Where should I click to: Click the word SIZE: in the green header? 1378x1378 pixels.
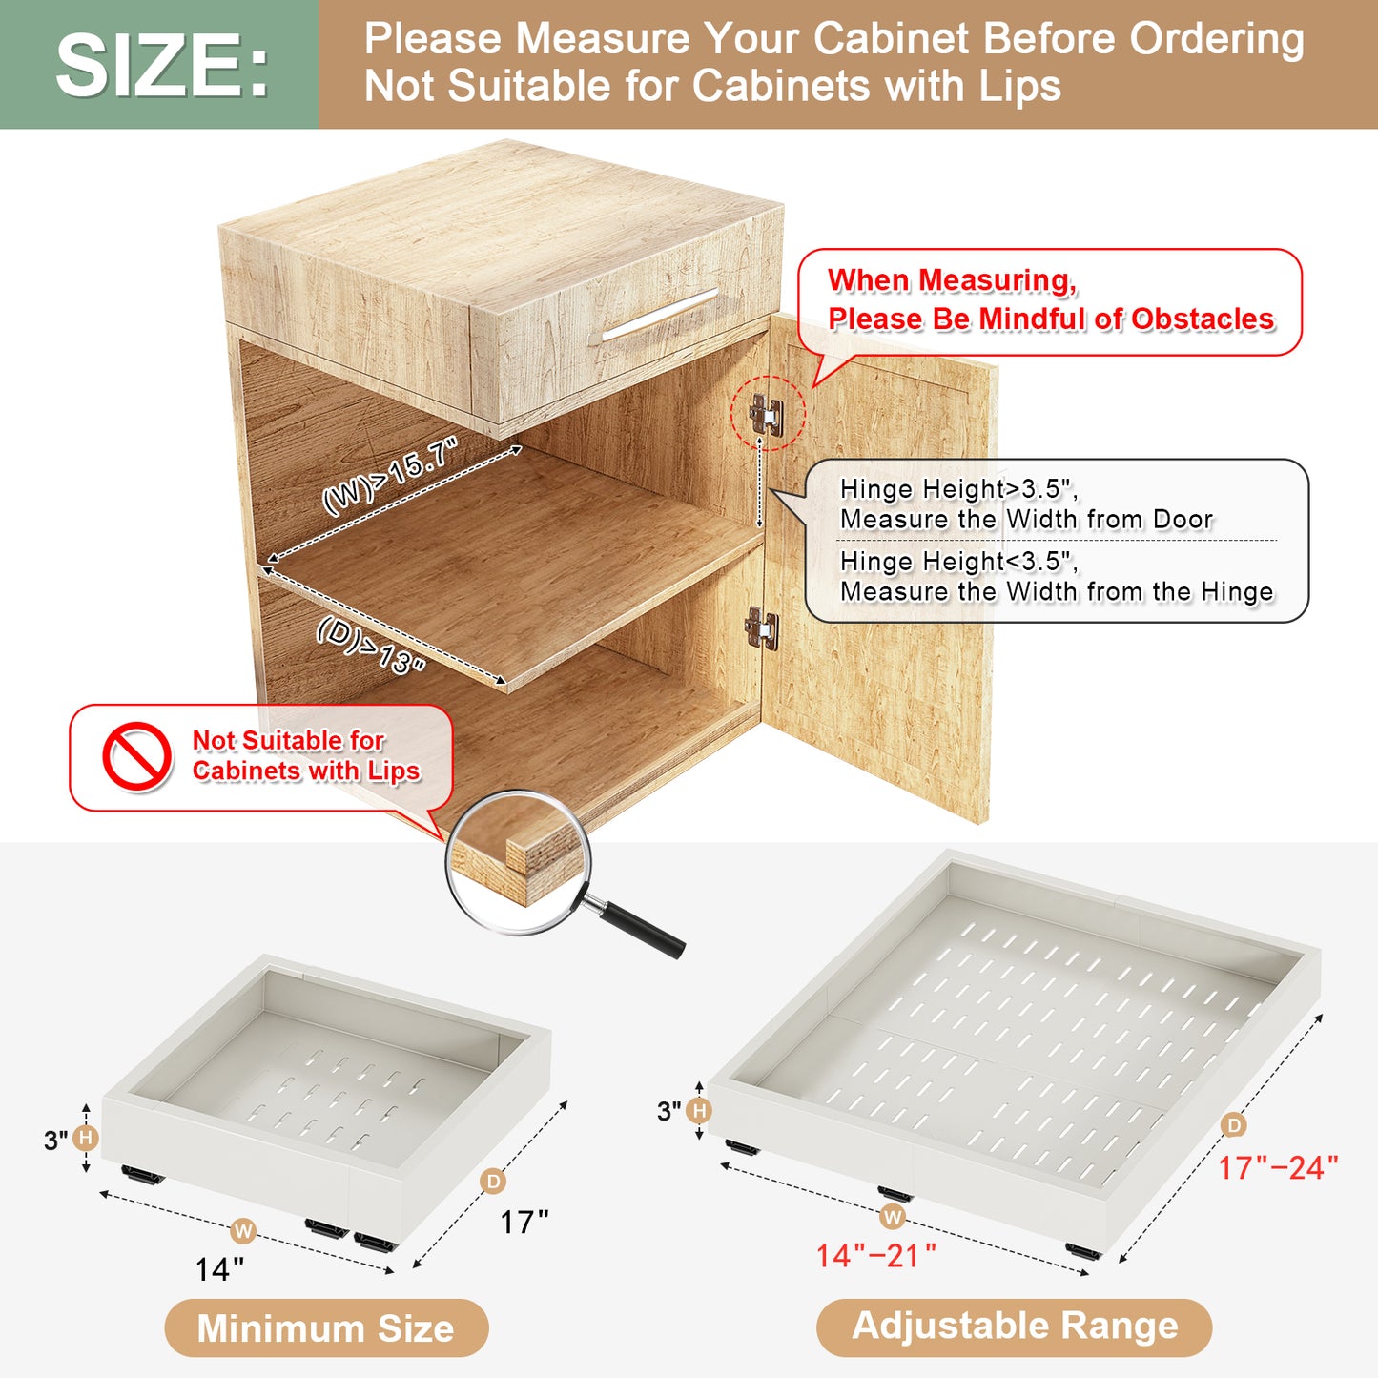point(163,66)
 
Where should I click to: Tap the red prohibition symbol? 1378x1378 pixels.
point(136,756)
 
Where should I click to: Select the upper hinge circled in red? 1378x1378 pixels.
point(767,414)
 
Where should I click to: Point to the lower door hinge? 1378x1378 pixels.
point(762,627)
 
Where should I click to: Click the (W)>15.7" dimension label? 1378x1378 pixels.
point(390,476)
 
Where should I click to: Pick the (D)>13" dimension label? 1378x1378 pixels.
point(372,645)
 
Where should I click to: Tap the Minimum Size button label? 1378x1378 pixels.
point(326,1328)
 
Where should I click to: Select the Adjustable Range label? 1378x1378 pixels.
point(1015,1326)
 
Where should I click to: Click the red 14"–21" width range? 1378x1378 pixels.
point(876,1256)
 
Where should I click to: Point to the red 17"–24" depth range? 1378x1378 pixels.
point(1277,1168)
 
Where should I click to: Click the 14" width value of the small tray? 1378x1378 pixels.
point(219,1269)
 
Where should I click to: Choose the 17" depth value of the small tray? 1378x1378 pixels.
point(524,1223)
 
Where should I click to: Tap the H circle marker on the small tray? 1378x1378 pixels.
point(86,1138)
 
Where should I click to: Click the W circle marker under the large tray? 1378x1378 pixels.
point(893,1217)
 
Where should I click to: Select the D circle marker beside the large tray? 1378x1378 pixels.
point(1234,1125)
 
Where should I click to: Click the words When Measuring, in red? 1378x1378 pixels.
point(952,280)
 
